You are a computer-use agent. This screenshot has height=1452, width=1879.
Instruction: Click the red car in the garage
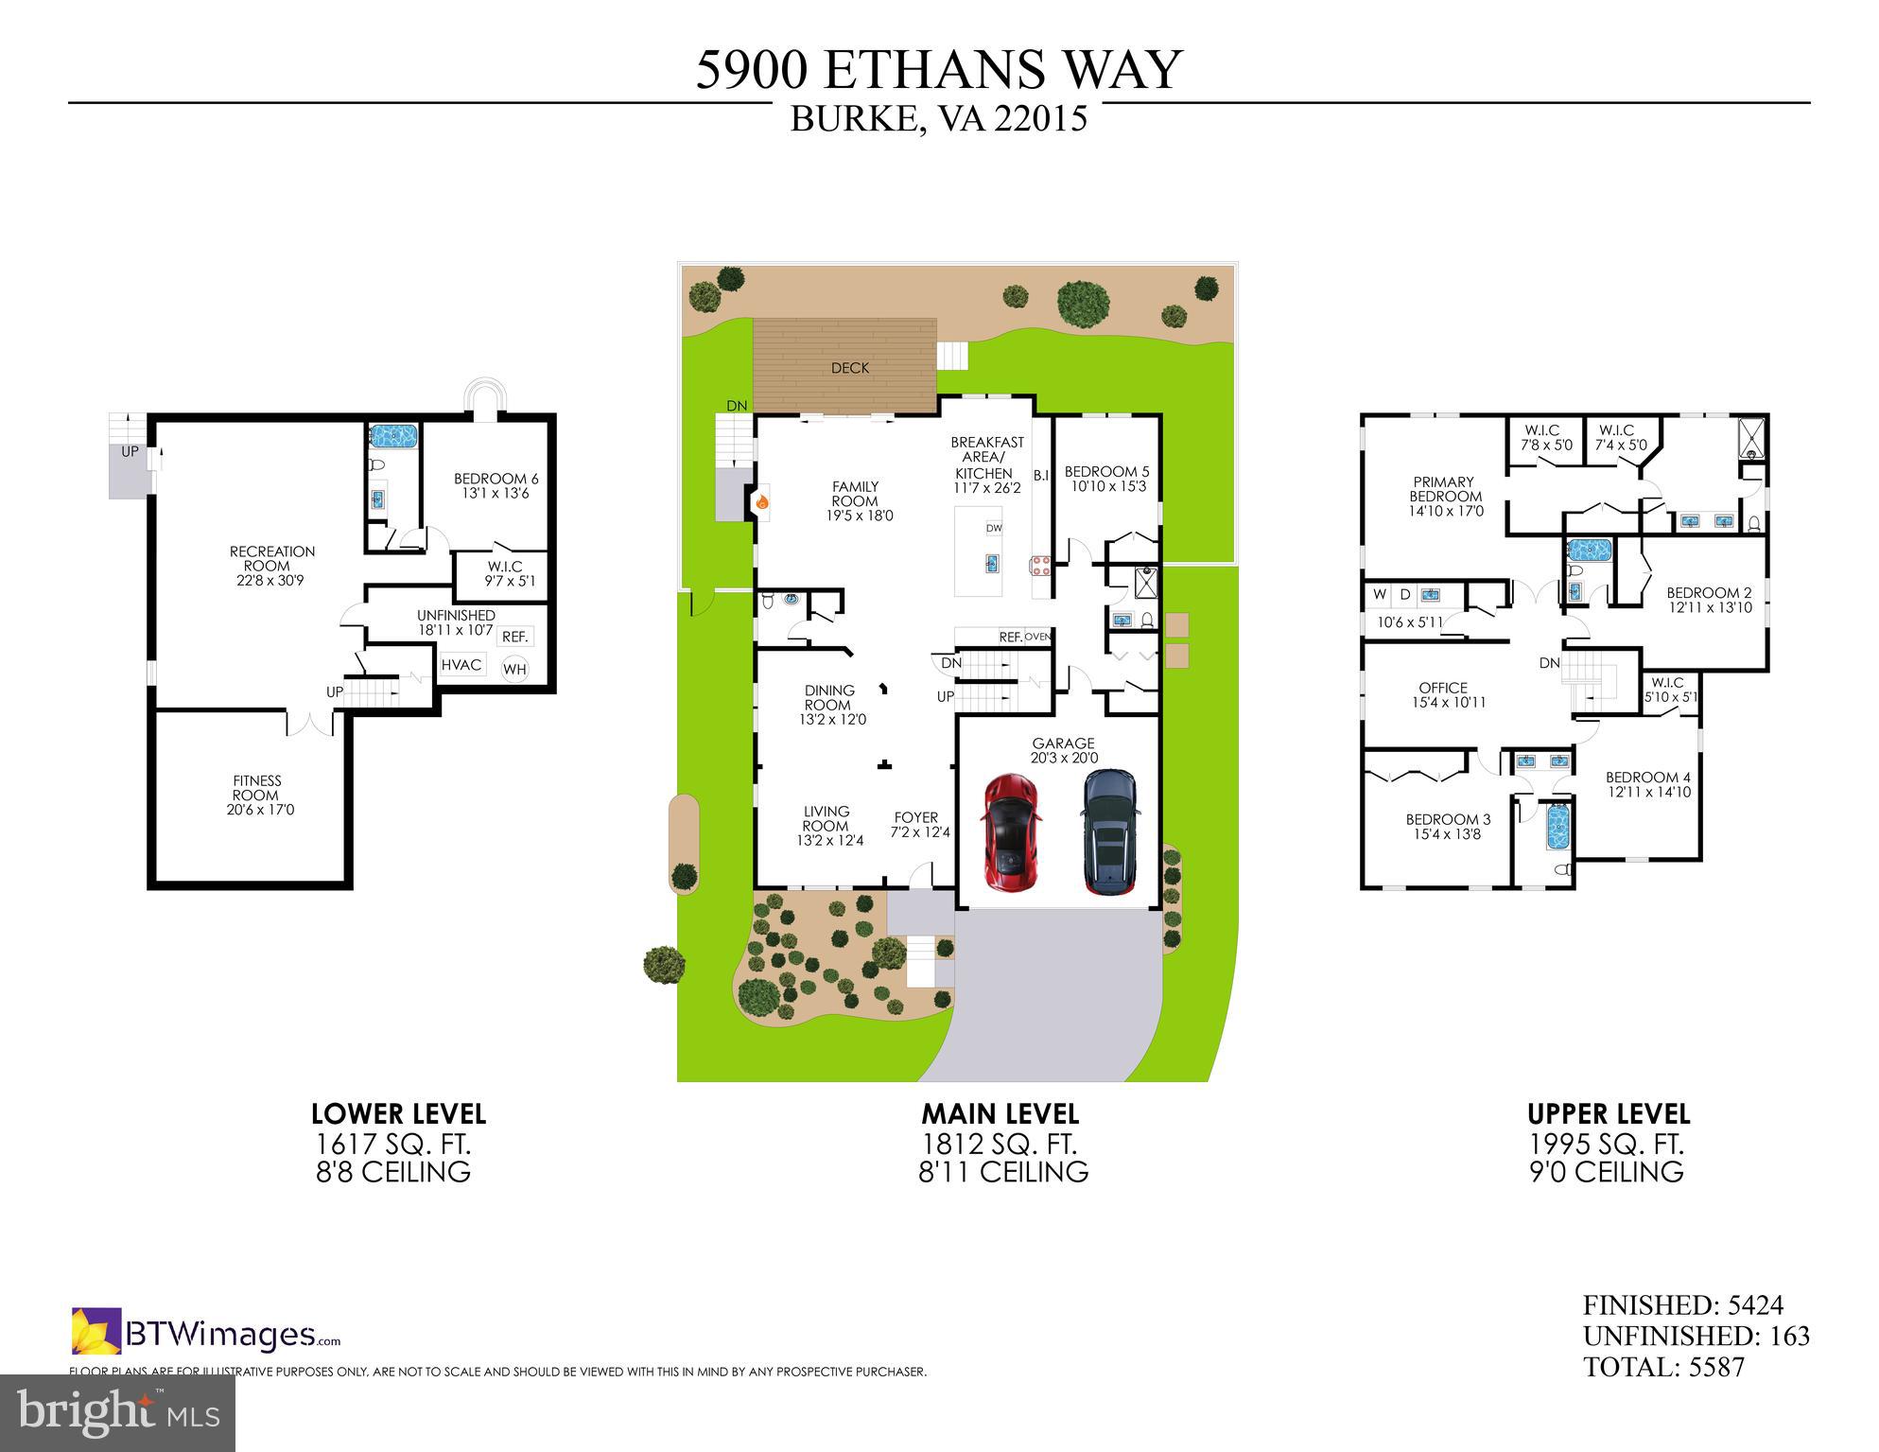1011,831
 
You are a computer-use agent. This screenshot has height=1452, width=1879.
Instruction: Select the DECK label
849,368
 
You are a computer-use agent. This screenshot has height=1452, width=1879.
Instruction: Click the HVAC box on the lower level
461,665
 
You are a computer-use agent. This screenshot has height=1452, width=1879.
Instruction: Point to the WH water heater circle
514,670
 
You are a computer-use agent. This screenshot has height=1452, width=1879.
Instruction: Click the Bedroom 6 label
496,485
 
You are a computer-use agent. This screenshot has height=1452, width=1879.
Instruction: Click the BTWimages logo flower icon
96,1330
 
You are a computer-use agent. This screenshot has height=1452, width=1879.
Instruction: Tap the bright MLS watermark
117,1412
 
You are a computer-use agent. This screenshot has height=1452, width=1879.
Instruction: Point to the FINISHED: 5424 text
1682,1305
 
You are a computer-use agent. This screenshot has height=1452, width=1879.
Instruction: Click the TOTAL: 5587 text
1663,1367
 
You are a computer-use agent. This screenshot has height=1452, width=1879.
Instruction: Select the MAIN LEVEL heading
1000,1114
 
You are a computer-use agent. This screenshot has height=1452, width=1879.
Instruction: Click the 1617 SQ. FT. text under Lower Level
392,1145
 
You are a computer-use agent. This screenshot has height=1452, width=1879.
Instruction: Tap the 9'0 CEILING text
1607,1173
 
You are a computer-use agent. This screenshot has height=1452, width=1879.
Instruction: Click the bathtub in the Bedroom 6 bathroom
393,436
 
